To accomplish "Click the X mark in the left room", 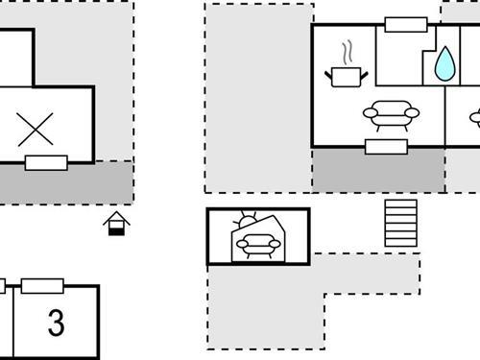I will pos(36,129).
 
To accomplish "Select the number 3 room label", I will pos(57,323).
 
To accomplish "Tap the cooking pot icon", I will pos(348,76).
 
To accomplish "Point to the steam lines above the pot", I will pos(348,51).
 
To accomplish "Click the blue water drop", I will pos(444,64).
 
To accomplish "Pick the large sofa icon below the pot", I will pos(392,115).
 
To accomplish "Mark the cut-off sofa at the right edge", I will pos(474,118).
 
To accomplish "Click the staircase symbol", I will pos(400,223).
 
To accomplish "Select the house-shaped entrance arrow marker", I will pos(117,224).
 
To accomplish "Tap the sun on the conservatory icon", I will pos(247,222).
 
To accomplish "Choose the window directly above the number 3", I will pos(42,285).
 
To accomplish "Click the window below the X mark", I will pos(46,162).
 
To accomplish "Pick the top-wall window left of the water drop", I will pos(405,25).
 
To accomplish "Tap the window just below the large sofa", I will pos(386,147).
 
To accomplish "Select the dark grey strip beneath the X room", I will pos(66,181).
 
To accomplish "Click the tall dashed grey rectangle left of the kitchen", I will pos(258,96).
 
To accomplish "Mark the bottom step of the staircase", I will pos(400,243).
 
